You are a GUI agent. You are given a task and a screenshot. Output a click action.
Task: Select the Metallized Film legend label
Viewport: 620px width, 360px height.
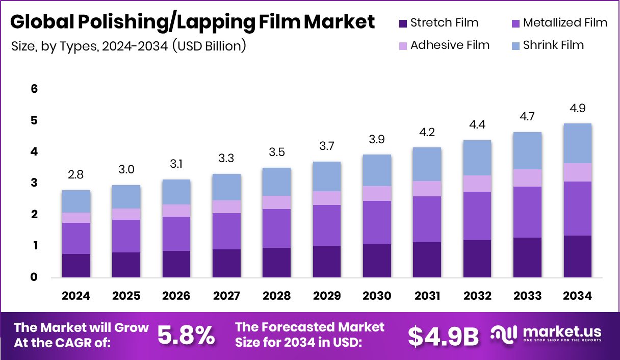(x=565, y=23)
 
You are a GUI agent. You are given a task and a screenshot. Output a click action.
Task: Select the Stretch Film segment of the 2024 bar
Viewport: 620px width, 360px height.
(x=76, y=265)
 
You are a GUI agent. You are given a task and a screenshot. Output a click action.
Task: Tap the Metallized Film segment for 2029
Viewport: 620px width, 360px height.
(x=326, y=225)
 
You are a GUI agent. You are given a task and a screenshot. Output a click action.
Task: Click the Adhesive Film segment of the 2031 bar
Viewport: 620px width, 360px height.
(x=427, y=188)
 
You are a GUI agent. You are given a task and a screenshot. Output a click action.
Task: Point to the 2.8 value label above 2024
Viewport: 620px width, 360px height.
(x=76, y=175)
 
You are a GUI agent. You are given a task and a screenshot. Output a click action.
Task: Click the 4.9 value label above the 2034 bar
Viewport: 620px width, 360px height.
(x=577, y=108)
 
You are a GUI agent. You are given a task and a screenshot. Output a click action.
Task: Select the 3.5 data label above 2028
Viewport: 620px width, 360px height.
(x=276, y=152)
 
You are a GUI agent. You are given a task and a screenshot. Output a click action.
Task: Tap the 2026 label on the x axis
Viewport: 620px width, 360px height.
(x=176, y=296)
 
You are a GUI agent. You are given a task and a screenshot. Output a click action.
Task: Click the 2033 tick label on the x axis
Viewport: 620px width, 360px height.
(x=527, y=296)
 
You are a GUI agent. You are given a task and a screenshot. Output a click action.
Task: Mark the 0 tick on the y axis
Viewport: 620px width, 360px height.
(x=34, y=277)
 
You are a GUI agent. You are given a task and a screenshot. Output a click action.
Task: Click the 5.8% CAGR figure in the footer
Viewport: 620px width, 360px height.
(x=186, y=335)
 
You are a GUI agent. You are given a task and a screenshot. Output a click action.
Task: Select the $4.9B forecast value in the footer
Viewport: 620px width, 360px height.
(x=443, y=335)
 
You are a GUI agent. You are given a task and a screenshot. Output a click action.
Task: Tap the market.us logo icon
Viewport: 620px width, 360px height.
(x=504, y=334)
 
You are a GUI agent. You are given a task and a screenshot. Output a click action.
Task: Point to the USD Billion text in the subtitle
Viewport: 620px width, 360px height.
(x=210, y=46)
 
